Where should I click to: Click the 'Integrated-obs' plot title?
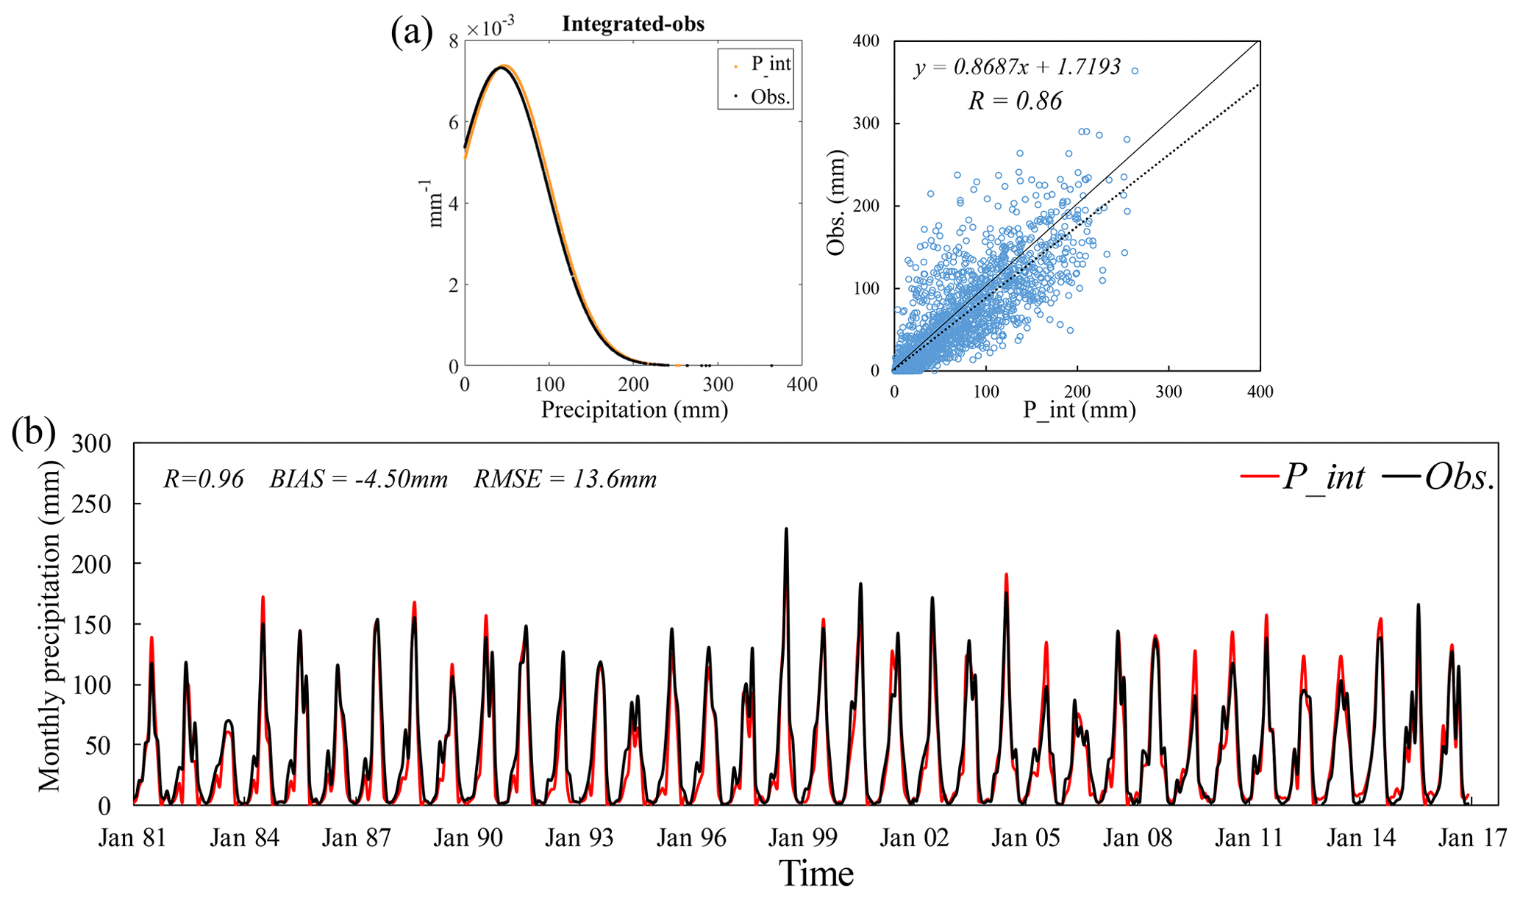point(633,24)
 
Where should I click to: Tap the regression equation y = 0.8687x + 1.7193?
point(1017,68)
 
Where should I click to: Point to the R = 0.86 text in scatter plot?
point(1015,101)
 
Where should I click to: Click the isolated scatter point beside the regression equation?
point(1135,71)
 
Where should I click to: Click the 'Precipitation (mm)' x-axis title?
point(634,409)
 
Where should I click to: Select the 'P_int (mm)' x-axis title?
point(1079,409)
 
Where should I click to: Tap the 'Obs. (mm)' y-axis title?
point(836,203)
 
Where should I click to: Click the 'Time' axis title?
point(816,874)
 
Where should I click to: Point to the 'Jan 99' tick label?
point(802,838)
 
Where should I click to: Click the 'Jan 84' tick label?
point(244,838)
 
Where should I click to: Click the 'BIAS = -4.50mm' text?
point(358,479)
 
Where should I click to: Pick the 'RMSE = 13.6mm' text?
point(565,479)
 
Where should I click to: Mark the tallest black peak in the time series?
point(786,529)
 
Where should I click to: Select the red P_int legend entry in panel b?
point(1302,477)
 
